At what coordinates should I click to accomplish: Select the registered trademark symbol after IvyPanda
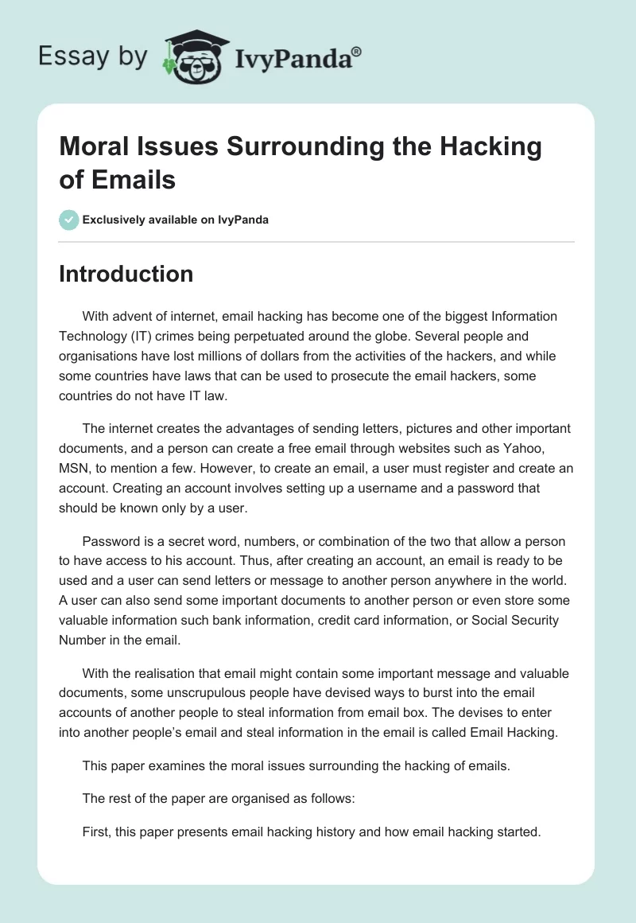click(356, 52)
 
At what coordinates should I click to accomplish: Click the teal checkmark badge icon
click(69, 220)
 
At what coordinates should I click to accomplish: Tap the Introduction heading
click(126, 274)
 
